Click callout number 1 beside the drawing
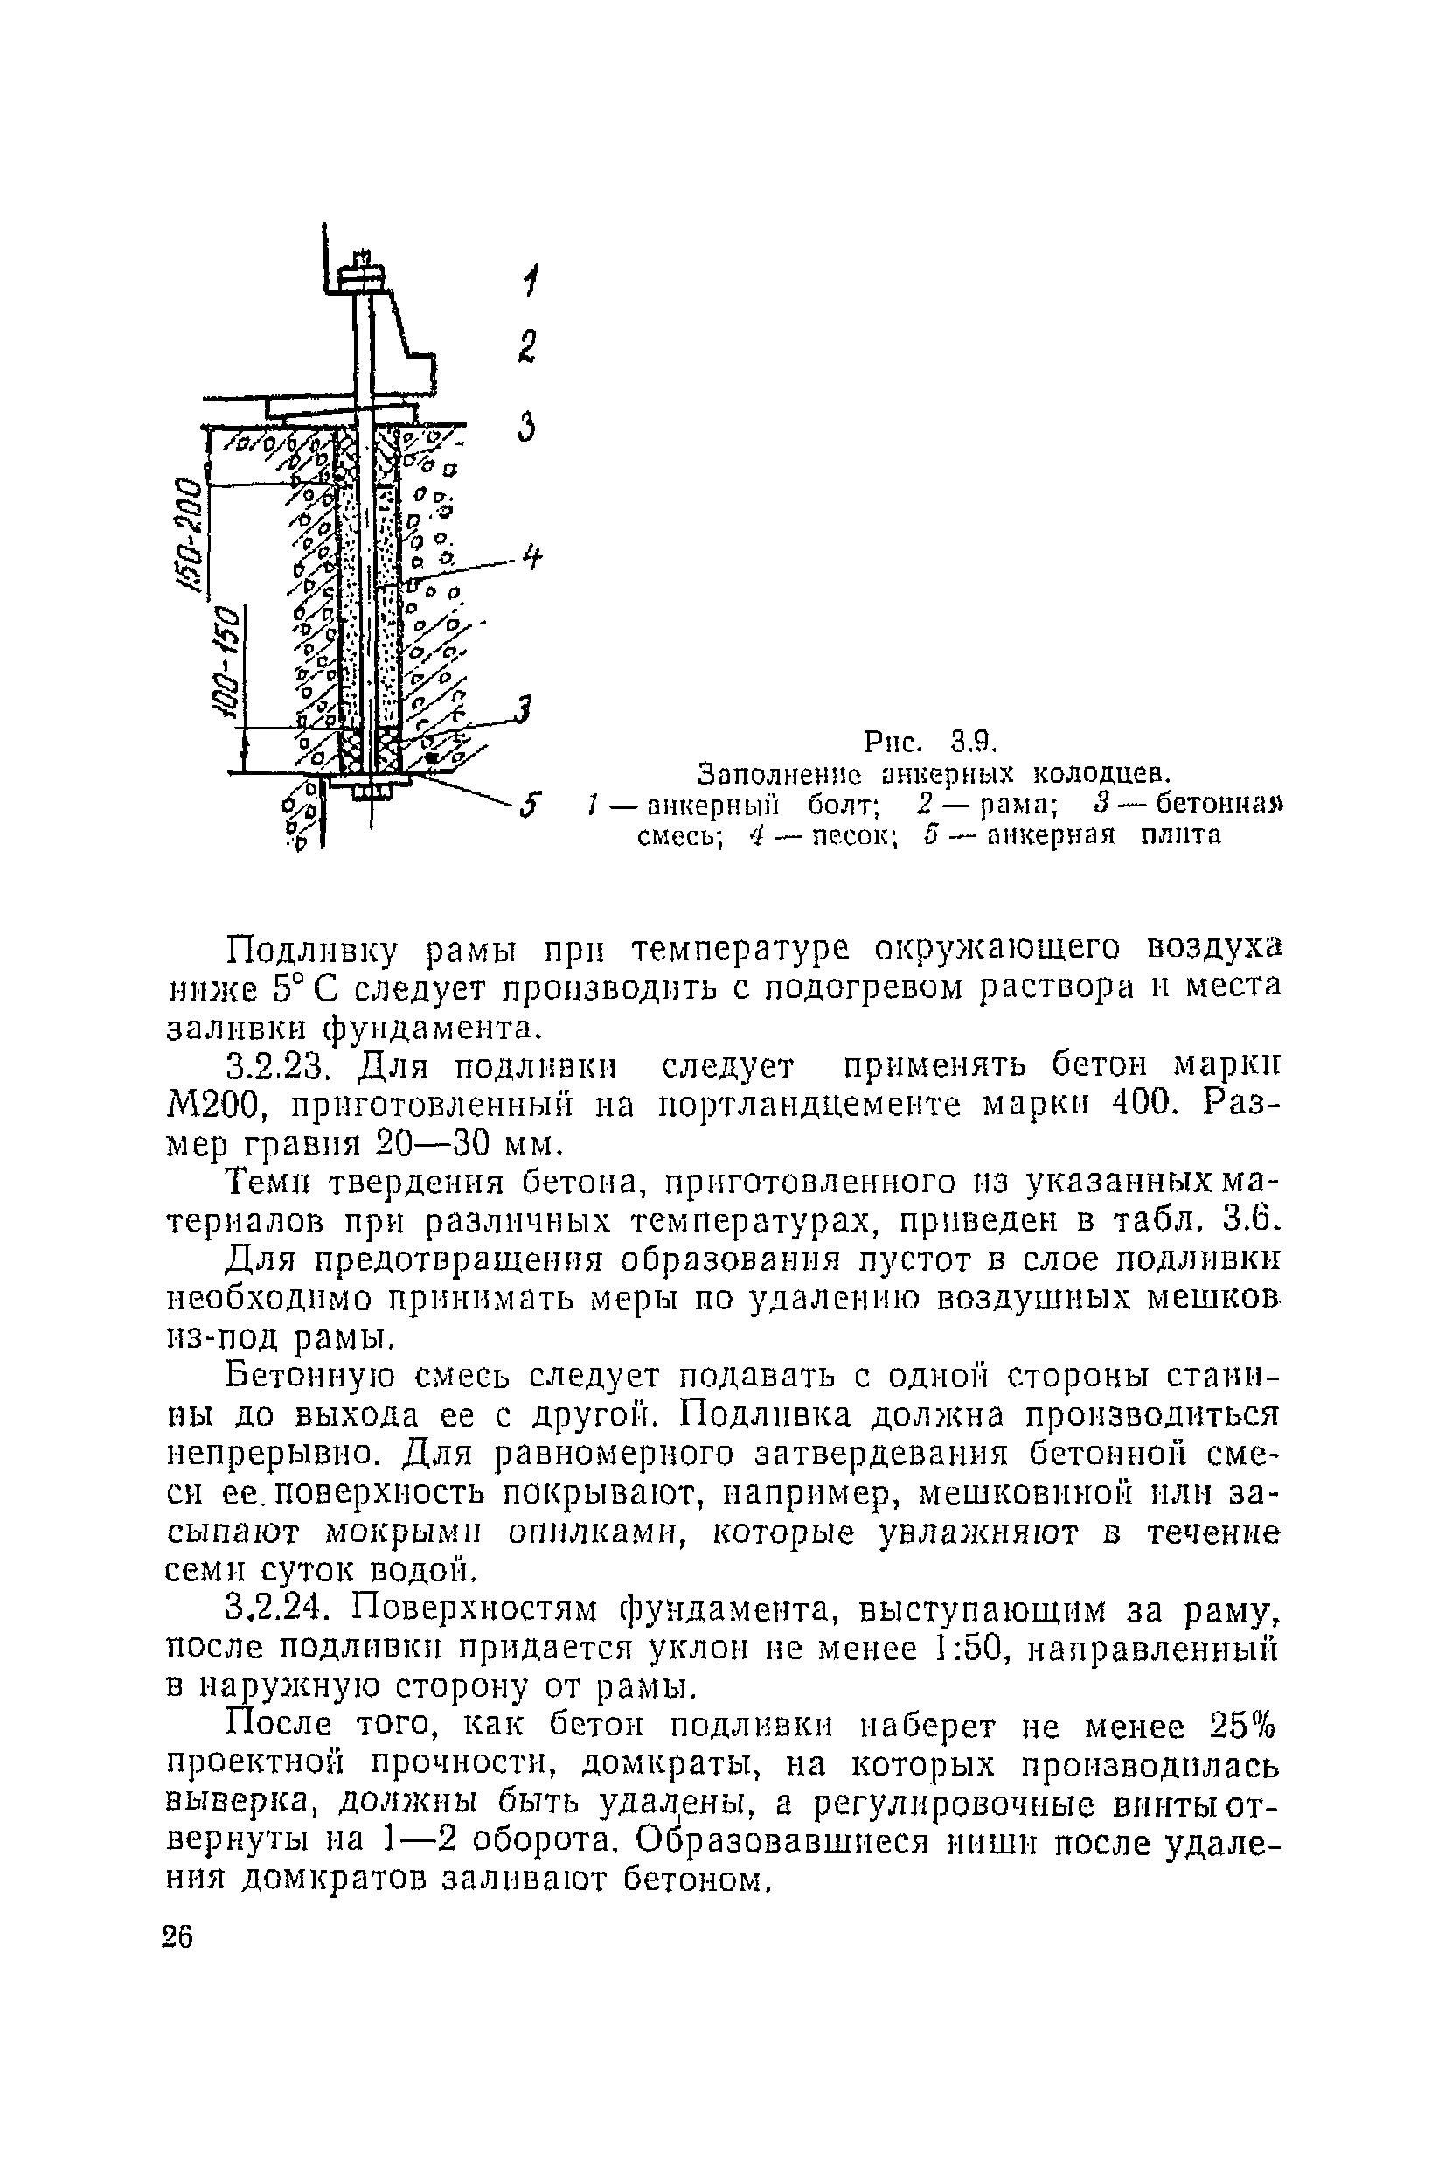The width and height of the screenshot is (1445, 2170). pyautogui.click(x=530, y=280)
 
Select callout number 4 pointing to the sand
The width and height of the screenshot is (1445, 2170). pyautogui.click(x=531, y=558)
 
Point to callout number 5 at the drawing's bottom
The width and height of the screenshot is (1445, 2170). pyautogui.click(x=528, y=804)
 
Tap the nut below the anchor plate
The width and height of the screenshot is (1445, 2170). pyautogui.click(x=372, y=791)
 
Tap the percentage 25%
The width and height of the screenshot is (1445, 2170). pyautogui.click(x=1245, y=1725)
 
